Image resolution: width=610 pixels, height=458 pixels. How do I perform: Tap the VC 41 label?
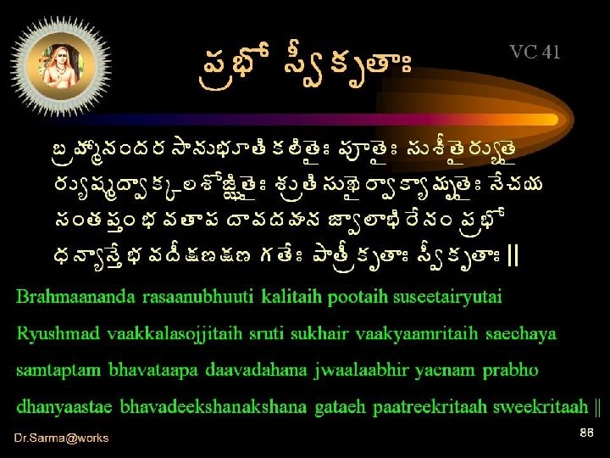point(535,53)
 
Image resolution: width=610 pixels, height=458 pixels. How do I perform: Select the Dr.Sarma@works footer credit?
point(61,438)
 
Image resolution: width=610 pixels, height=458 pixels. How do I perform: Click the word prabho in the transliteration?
point(511,371)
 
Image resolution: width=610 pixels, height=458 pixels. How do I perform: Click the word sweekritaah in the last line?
point(546,407)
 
